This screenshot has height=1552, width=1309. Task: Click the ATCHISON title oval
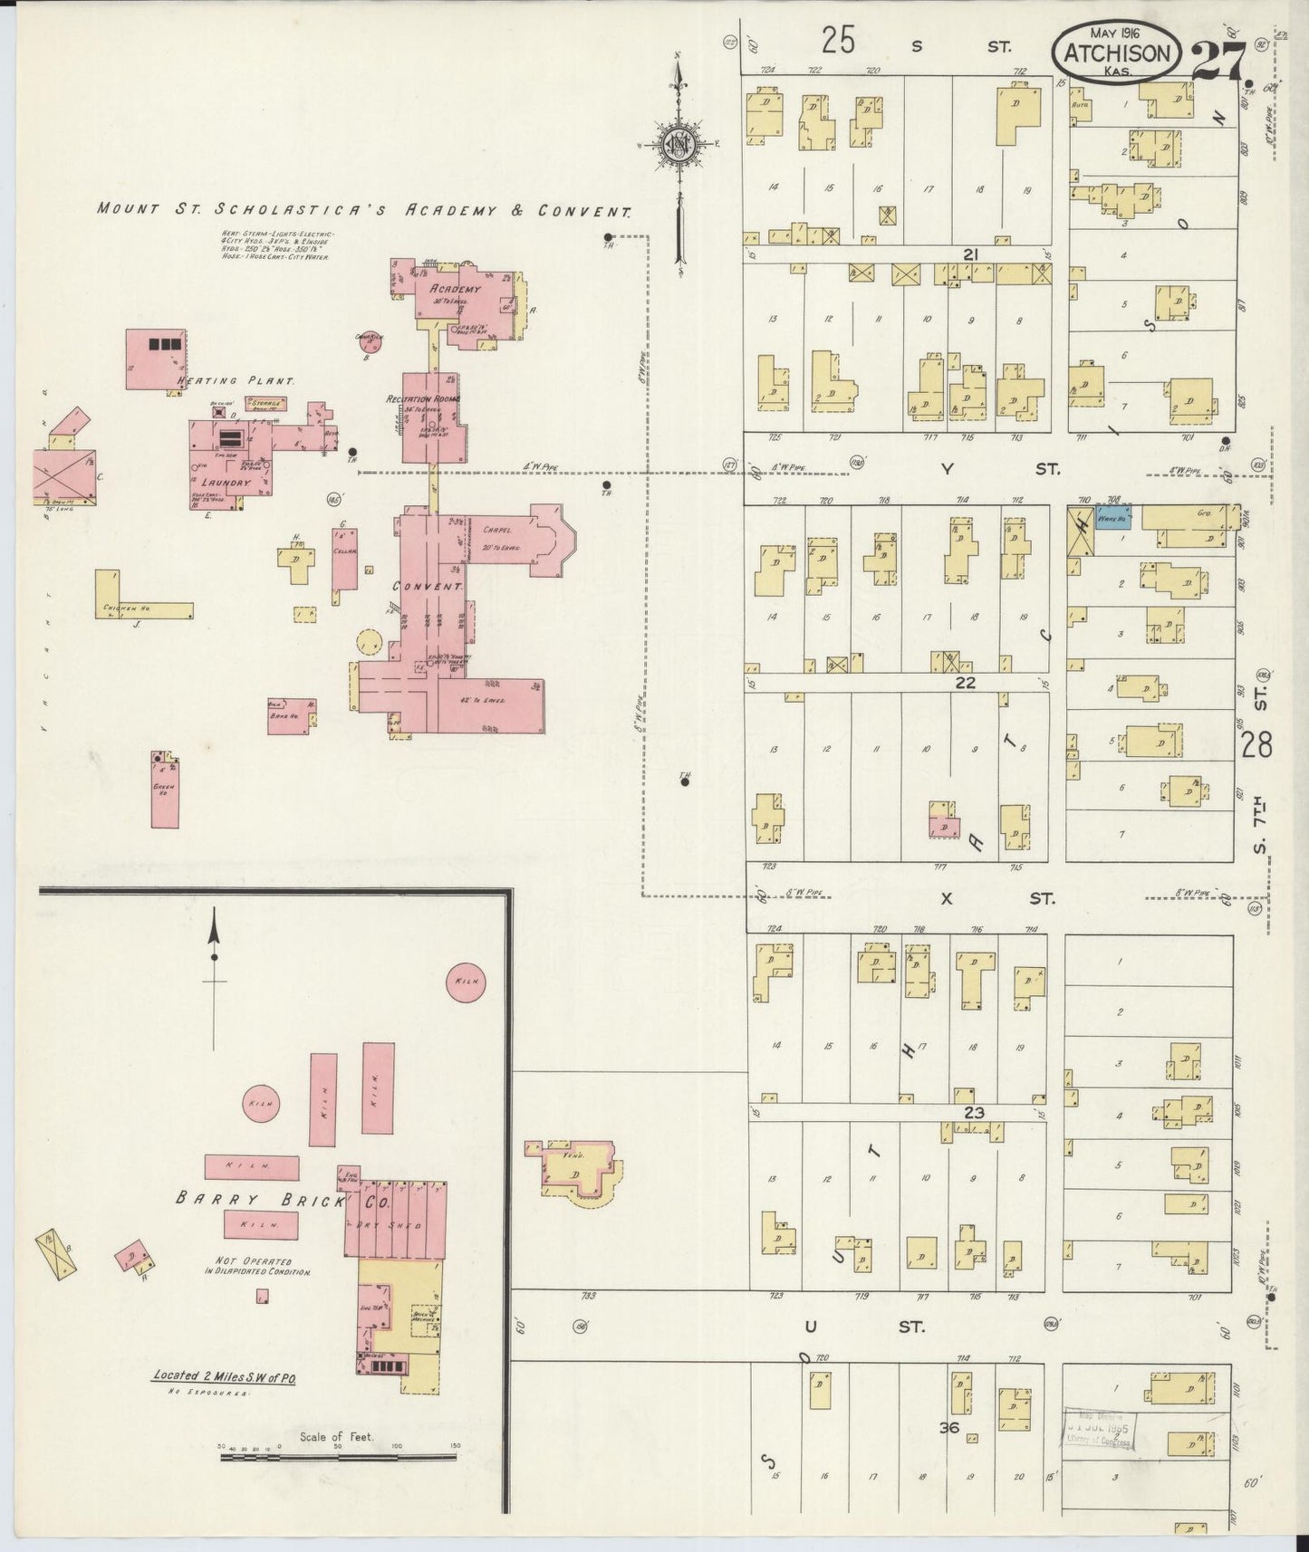pyautogui.click(x=1117, y=53)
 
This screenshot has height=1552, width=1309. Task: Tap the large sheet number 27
pyautogui.click(x=1218, y=62)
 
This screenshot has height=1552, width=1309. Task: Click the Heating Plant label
pyautogui.click(x=236, y=381)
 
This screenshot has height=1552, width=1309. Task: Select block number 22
pyautogui.click(x=965, y=683)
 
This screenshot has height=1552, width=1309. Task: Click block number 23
pyautogui.click(x=973, y=1112)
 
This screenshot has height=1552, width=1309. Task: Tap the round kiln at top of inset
pyautogui.click(x=467, y=982)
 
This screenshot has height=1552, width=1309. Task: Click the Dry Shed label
pyautogui.click(x=397, y=1224)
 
